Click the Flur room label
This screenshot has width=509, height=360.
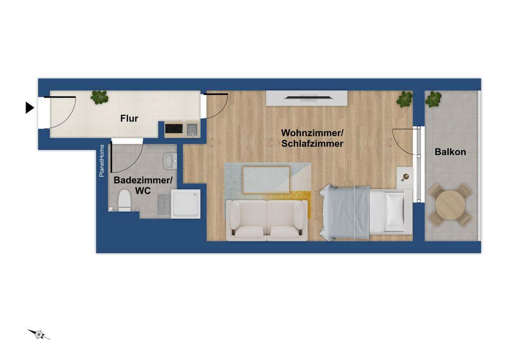click(x=129, y=118)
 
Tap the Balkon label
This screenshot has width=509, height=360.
click(x=450, y=152)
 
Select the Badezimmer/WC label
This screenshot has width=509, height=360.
click(x=143, y=185)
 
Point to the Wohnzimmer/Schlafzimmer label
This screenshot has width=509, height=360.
click(x=312, y=138)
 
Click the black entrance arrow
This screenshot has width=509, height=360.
click(x=30, y=108)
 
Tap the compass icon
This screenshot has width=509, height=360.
click(x=39, y=334)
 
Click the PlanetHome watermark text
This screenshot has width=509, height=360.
click(x=102, y=161)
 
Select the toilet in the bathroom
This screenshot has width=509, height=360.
click(x=124, y=200)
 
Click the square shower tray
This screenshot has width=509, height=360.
click(x=186, y=204)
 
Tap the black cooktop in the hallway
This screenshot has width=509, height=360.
click(x=174, y=128)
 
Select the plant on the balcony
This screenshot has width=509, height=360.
click(x=433, y=99)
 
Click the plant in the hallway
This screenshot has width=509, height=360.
click(x=99, y=97)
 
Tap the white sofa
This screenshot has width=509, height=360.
click(x=266, y=219)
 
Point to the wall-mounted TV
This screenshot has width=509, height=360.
click(x=307, y=98)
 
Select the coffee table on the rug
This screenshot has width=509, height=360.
click(x=266, y=179)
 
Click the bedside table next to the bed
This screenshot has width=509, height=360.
click(x=405, y=177)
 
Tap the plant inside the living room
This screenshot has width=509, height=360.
click(x=405, y=99)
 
